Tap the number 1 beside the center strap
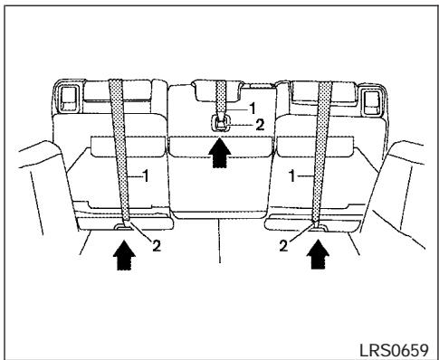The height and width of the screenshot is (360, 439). click(x=242, y=107)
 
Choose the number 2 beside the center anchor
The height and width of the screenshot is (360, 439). click(x=260, y=124)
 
